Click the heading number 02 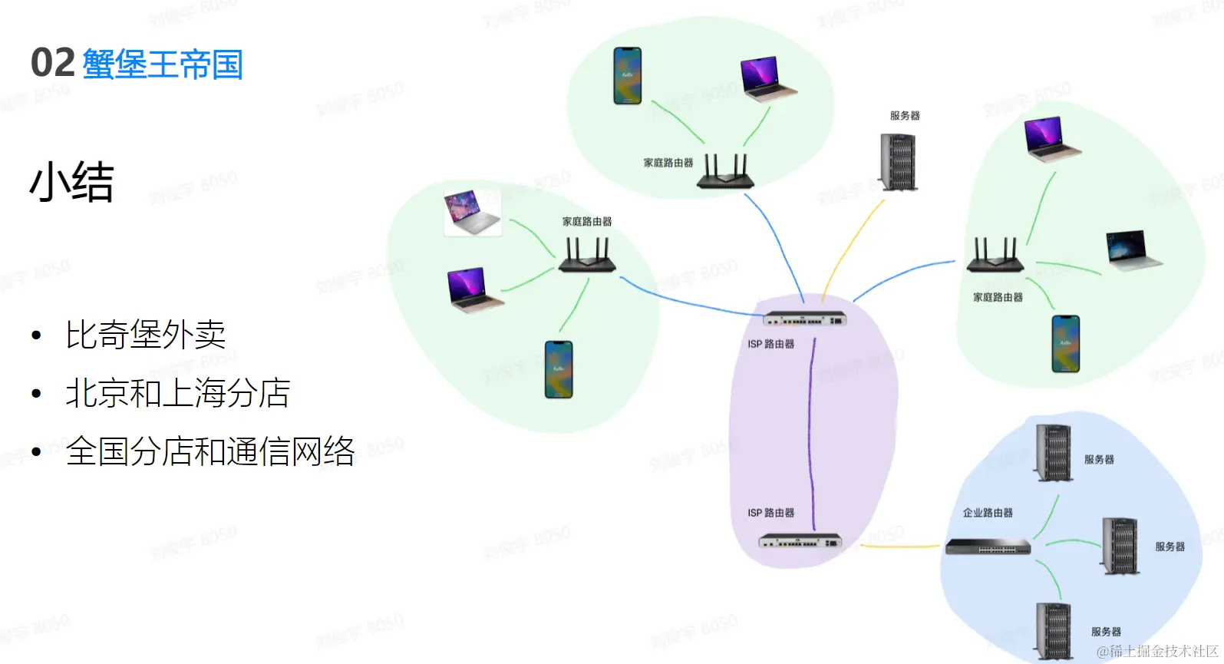52,63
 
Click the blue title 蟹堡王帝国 162,64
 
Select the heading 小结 71,183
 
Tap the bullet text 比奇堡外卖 145,335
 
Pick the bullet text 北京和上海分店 177,393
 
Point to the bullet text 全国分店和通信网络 209,451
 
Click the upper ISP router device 804,319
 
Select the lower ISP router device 800,541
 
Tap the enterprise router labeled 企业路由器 988,547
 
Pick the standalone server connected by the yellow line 899,162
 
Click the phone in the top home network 627,75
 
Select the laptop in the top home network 767,79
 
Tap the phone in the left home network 558,369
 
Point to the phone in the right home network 1065,344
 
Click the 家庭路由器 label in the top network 668,163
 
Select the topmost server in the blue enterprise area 1053,453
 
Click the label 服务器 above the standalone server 905,116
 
